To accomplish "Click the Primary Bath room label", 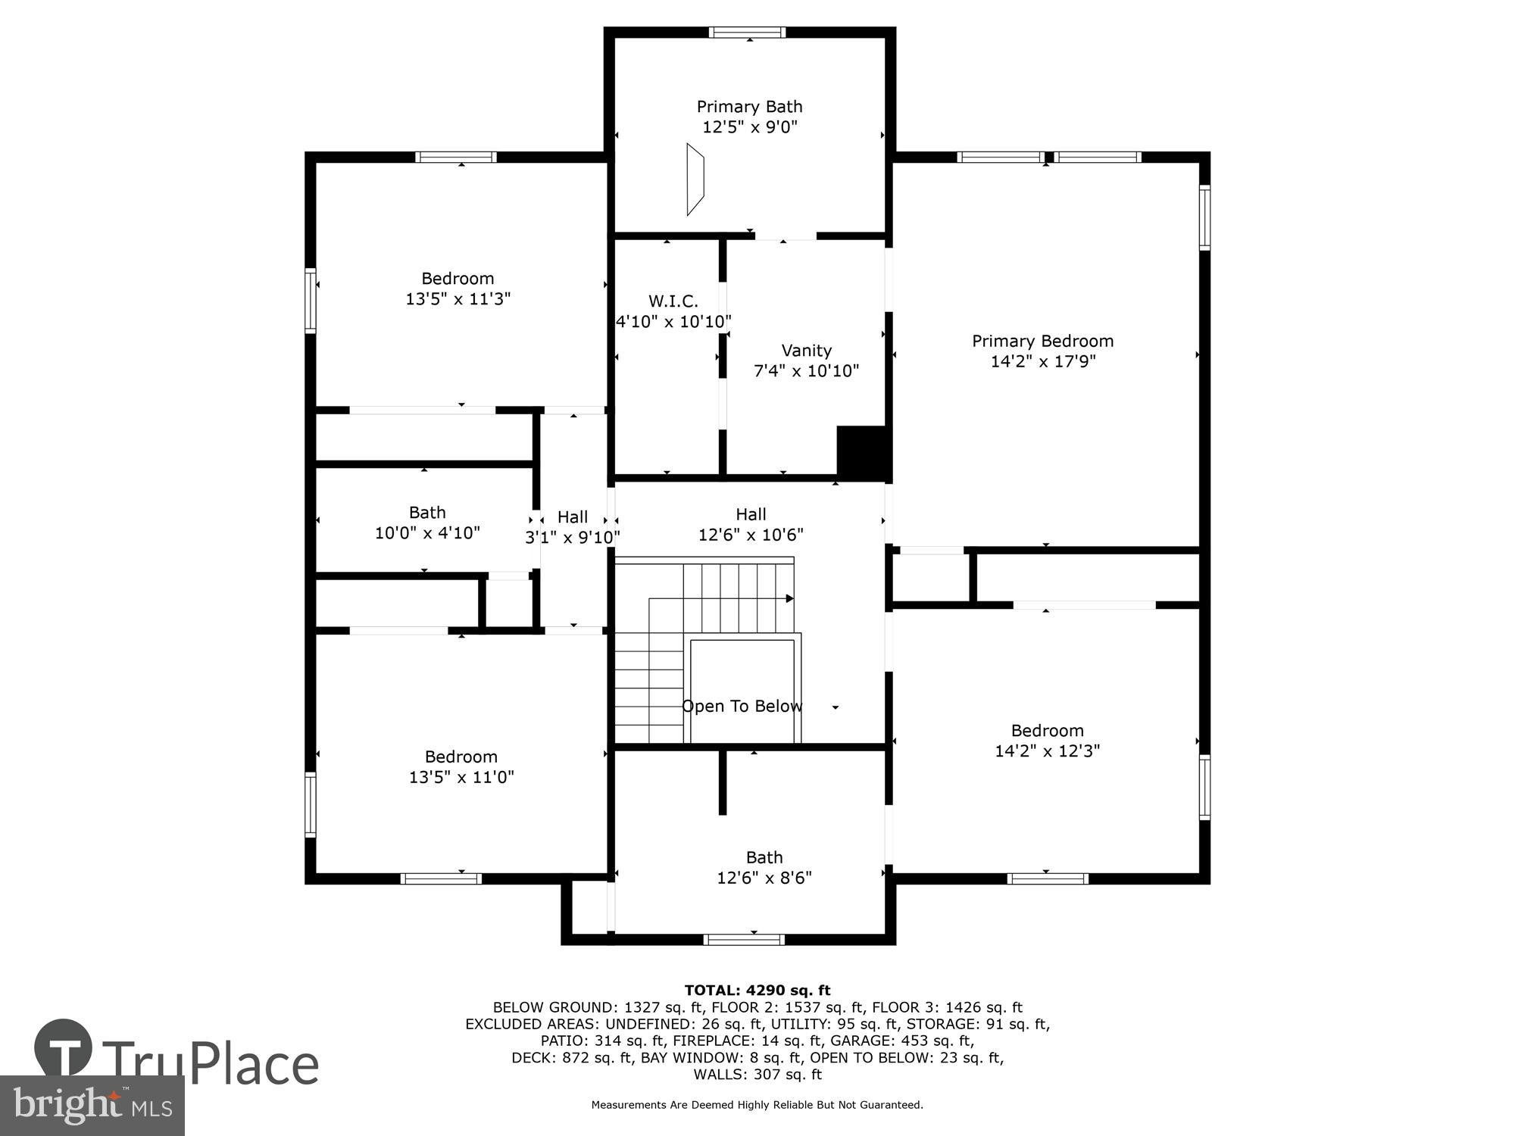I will (749, 107).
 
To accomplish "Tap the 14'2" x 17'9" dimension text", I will (1043, 361).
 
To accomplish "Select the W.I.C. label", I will (673, 301).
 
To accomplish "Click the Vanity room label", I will (806, 351).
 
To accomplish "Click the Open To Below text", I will (742, 707).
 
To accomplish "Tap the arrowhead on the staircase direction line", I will (789, 598).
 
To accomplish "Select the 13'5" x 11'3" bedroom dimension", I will (458, 299).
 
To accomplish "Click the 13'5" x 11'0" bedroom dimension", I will (461, 777).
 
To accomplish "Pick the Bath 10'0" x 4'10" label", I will (427, 523).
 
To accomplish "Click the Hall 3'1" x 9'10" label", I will (573, 527).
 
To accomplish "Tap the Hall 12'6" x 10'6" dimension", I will (750, 535).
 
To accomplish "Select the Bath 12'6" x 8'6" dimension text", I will (764, 878).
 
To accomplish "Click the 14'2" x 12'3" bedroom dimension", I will (1047, 751).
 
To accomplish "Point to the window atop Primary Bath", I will (747, 33).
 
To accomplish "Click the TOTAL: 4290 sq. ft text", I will (757, 990).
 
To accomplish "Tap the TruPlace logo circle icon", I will (64, 1049).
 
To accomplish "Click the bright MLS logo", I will (92, 1106).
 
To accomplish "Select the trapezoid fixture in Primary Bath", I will (695, 179).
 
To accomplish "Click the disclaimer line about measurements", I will (757, 1105).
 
